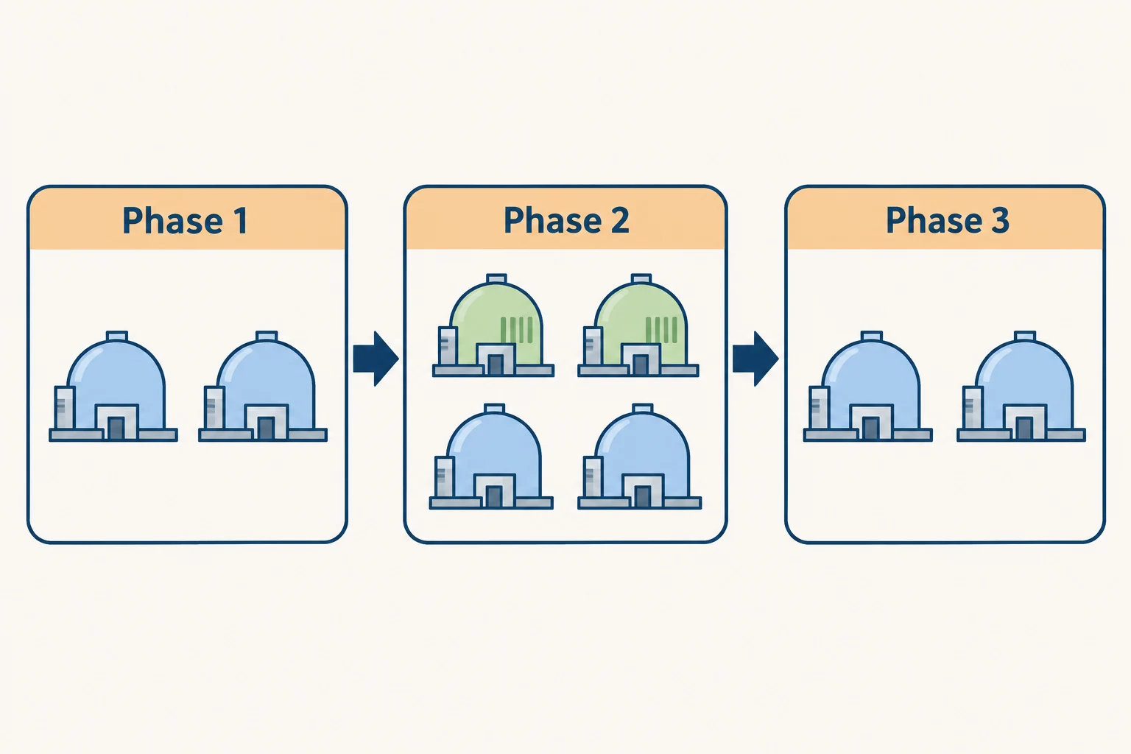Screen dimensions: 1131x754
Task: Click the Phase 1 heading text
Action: [185, 221]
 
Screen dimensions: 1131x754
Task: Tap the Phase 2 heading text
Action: [566, 220]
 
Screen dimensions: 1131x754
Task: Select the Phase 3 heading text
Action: [947, 220]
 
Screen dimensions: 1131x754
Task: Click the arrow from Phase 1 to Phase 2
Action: [376, 359]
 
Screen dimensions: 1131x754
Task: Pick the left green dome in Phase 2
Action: [493, 325]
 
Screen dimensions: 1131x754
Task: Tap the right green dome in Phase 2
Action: [638, 325]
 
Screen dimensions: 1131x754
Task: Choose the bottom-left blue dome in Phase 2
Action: [491, 457]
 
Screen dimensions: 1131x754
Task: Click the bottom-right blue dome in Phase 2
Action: [640, 457]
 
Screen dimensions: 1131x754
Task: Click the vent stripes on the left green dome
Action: [516, 330]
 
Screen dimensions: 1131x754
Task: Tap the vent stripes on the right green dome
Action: [661, 330]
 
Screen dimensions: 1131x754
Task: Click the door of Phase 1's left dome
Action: [116, 428]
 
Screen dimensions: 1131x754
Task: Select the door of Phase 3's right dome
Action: [1024, 428]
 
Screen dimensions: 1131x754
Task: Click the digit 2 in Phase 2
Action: [620, 221]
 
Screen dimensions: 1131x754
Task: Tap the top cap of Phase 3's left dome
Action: [872, 337]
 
